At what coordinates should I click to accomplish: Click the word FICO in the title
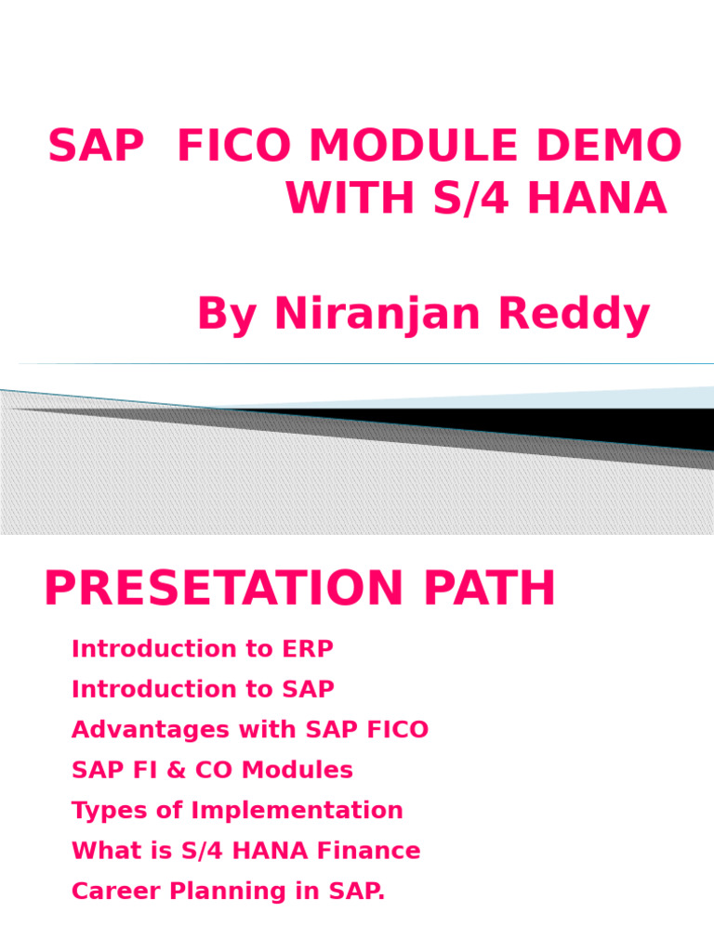click(233, 147)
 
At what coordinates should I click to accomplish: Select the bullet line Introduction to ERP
click(202, 649)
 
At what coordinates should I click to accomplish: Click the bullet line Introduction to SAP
click(203, 690)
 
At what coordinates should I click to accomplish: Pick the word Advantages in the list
click(150, 730)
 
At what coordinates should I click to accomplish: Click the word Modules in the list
click(309, 770)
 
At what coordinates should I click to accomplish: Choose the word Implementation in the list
click(297, 811)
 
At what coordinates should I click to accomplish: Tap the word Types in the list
click(105, 811)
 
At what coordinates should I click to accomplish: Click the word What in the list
click(102, 851)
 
